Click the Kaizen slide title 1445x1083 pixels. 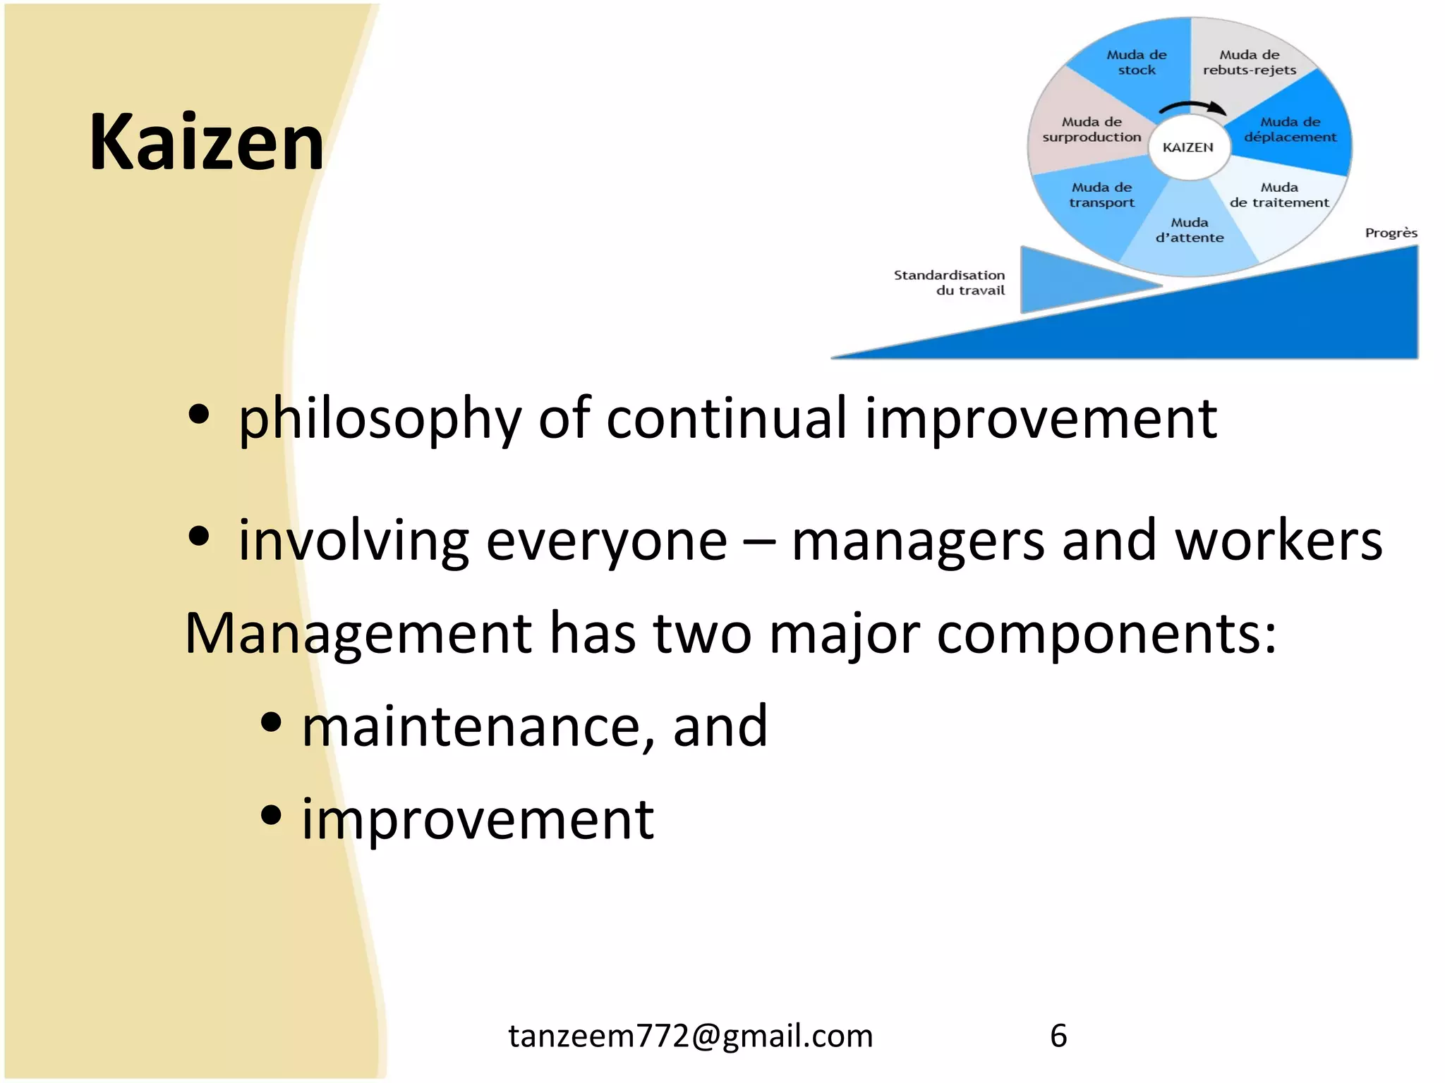pos(206,142)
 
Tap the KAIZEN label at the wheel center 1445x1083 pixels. pos(1188,147)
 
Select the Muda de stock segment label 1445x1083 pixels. pos(1136,62)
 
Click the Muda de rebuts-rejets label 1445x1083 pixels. pos(1249,62)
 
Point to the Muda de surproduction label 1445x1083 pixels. pos(1091,130)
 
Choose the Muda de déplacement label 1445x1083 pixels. pos(1290,130)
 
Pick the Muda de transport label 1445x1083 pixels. pos(1101,195)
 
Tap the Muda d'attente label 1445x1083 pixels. pos(1190,231)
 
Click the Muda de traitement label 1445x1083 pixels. pos(1278,195)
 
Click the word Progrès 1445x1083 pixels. pos(1391,233)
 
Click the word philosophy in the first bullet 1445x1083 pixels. pos(380,420)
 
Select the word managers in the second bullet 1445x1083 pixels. pos(917,541)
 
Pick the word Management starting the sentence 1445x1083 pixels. pos(358,633)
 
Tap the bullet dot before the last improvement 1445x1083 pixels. pos(271,815)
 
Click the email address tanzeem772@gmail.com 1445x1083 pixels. pos(691,1036)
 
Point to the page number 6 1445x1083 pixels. pos(1058,1036)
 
